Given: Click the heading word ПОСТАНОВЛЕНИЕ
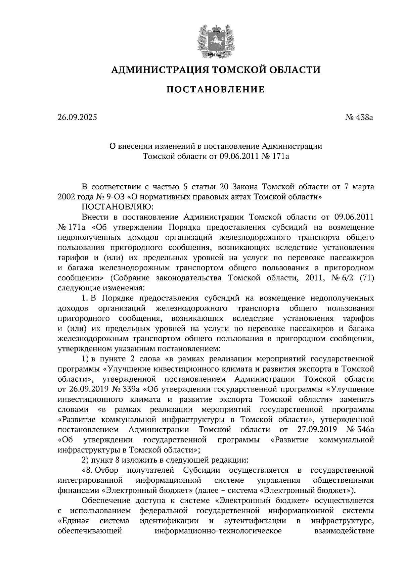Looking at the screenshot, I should click(x=216, y=90).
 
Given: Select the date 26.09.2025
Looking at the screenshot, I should click(x=77, y=117).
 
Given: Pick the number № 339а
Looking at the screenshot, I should click(x=124, y=389).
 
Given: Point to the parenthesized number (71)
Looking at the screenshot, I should click(x=366, y=278).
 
